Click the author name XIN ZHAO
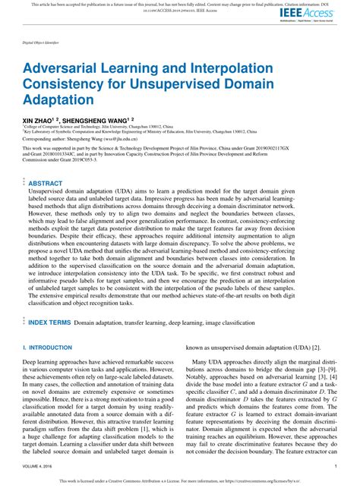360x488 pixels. tap(37, 119)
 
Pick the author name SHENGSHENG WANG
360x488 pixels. tap(94, 119)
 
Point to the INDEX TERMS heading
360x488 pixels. tap(49, 323)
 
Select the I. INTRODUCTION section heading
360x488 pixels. tap(49, 347)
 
